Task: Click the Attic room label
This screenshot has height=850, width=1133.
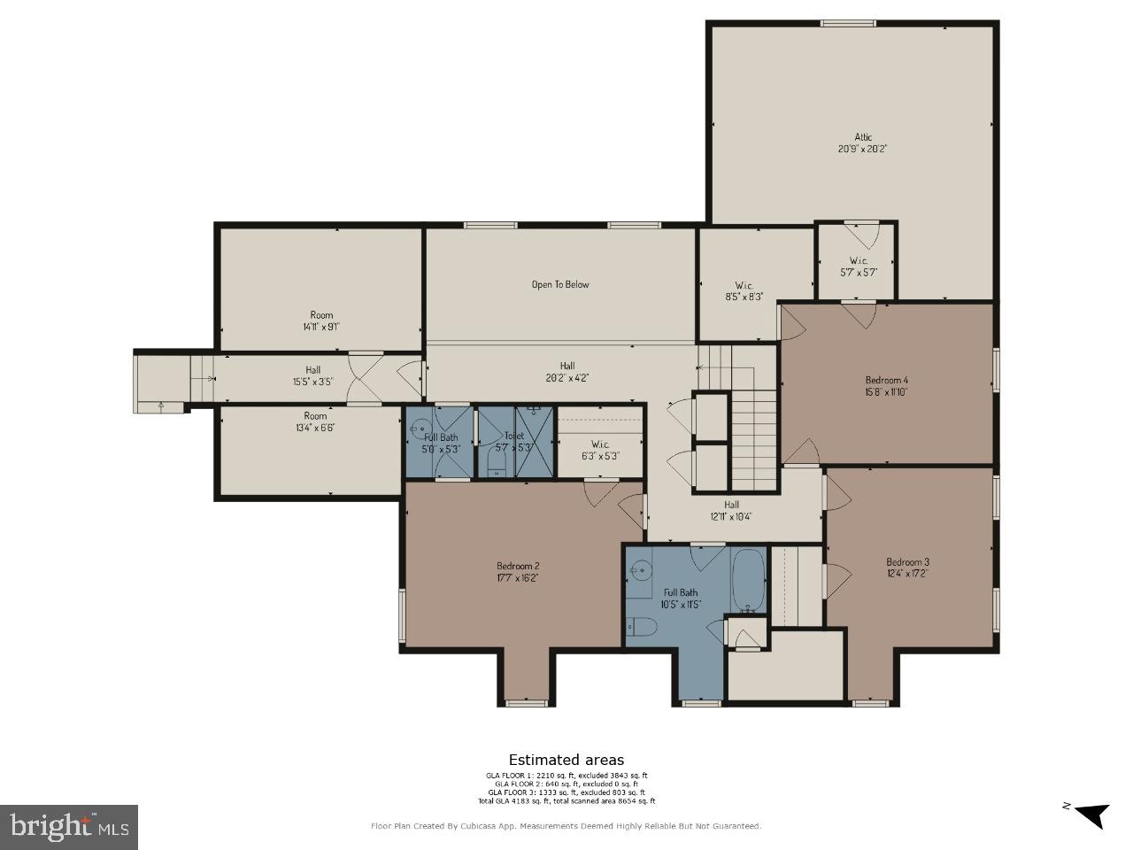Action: click(863, 137)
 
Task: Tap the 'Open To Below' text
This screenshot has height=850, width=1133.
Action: click(559, 284)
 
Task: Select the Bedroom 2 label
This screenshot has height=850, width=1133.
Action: click(518, 566)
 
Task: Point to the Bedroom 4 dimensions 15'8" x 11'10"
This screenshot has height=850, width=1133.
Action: click(887, 391)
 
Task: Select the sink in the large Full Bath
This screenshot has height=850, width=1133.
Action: click(641, 571)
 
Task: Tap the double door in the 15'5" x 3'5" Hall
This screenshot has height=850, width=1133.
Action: click(365, 379)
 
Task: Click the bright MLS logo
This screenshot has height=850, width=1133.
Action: click(68, 827)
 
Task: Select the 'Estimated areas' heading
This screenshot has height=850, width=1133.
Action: click(566, 760)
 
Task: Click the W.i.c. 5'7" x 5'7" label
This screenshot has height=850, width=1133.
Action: click(858, 267)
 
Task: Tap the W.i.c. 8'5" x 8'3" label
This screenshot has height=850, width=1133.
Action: click(744, 291)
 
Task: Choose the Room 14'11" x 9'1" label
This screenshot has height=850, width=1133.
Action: click(321, 321)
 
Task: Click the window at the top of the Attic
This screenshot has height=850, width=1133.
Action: click(847, 23)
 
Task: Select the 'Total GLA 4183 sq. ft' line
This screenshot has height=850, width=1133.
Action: click(566, 801)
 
